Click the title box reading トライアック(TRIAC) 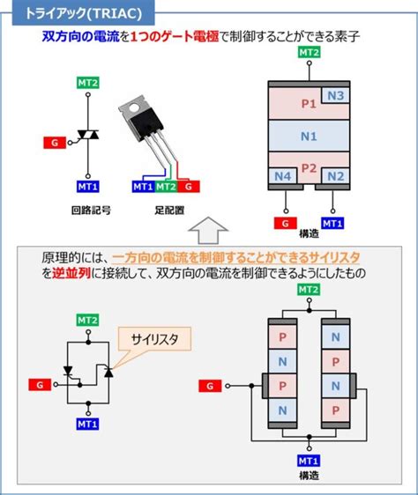click(78, 11)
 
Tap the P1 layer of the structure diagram click(308, 104)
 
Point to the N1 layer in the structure click(308, 137)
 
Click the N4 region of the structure click(281, 176)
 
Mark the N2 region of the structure click(334, 176)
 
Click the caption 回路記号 click(87, 212)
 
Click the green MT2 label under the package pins click(166, 187)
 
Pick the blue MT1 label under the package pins click(142, 187)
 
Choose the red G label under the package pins click(190, 187)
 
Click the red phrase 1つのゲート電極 click(172, 36)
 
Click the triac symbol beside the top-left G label click(87, 137)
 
